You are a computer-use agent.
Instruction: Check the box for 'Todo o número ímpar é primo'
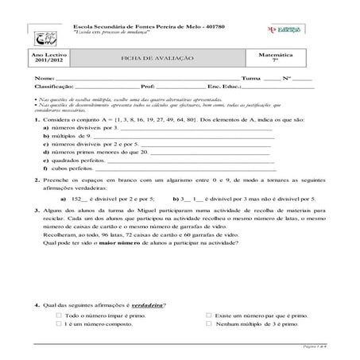(x=59, y=315)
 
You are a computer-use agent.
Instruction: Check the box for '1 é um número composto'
(x=59, y=324)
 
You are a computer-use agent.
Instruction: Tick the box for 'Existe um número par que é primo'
(x=208, y=315)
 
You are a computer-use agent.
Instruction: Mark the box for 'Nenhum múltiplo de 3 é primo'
(x=208, y=324)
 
